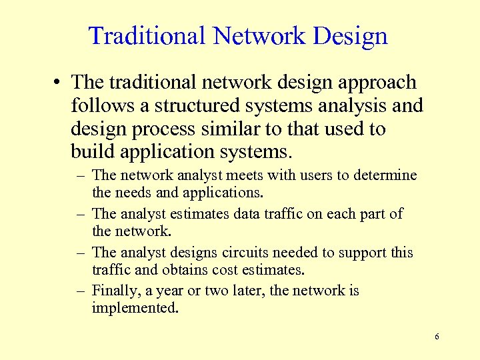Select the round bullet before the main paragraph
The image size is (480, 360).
coord(59,83)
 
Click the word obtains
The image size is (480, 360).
coord(183,270)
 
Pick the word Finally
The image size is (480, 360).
coord(113,291)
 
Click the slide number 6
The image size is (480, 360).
coord(437,337)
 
